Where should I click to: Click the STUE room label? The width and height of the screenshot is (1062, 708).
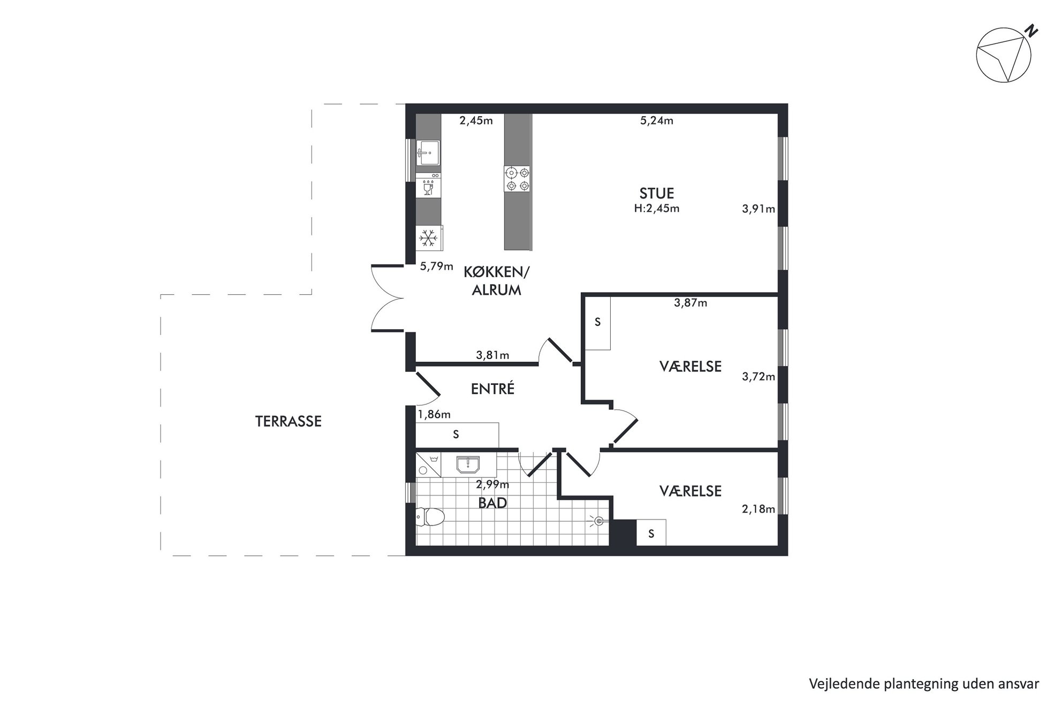pyautogui.click(x=656, y=193)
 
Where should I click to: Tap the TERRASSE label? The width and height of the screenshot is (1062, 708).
pyautogui.click(x=289, y=421)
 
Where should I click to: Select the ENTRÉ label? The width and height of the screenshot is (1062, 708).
pyautogui.click(x=492, y=389)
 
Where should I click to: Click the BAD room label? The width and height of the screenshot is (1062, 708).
pyautogui.click(x=492, y=503)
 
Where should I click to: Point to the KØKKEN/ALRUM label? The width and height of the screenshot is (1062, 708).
pyautogui.click(x=496, y=281)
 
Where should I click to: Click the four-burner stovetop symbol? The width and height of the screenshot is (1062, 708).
pyautogui.click(x=518, y=179)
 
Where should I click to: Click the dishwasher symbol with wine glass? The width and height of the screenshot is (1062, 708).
pyautogui.click(x=428, y=186)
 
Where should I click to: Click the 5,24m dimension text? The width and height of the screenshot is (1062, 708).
pyautogui.click(x=657, y=121)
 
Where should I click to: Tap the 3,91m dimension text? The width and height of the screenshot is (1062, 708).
pyautogui.click(x=758, y=209)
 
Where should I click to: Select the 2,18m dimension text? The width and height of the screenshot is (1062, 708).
pyautogui.click(x=758, y=509)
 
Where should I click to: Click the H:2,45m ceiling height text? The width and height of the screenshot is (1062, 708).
pyautogui.click(x=657, y=209)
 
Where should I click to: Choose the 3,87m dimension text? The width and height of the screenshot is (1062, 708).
pyautogui.click(x=691, y=303)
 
